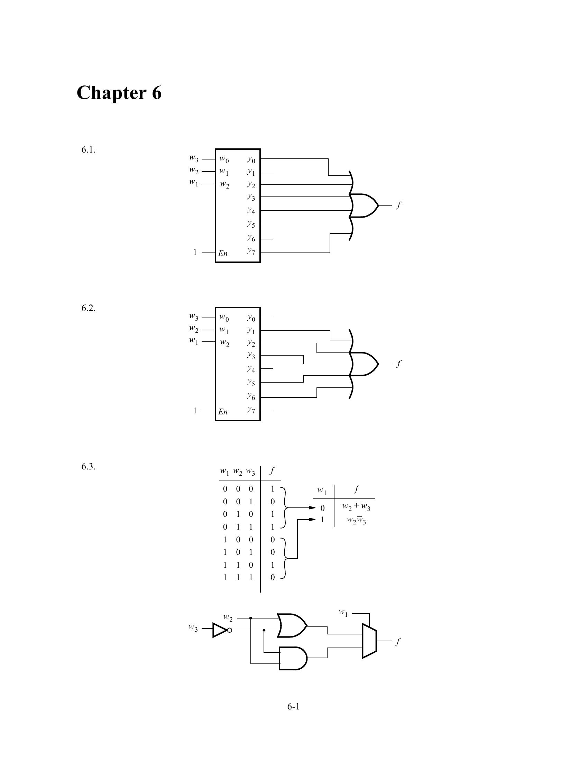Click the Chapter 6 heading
[x=119, y=93]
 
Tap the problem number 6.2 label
[x=89, y=308]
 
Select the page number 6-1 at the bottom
[x=293, y=706]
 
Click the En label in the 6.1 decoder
[x=223, y=253]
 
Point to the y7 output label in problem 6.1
[x=251, y=251]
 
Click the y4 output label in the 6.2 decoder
[x=251, y=368]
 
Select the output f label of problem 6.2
[x=399, y=363]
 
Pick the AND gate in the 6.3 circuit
[x=293, y=658]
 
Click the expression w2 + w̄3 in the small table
[x=356, y=507]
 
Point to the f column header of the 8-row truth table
[x=272, y=471]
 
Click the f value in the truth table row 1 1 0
[x=273, y=565]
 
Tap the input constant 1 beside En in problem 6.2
[x=195, y=411]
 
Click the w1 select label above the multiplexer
[x=343, y=613]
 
